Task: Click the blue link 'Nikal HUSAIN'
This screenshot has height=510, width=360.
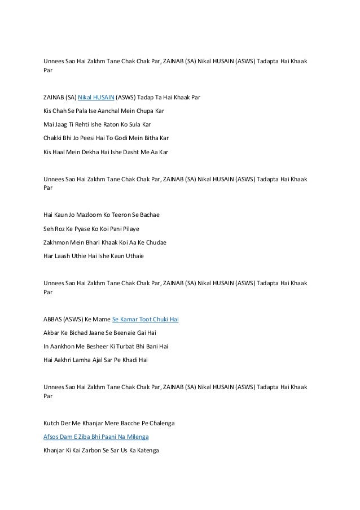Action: coord(95,97)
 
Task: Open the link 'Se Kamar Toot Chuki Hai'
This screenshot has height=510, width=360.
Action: coord(146,319)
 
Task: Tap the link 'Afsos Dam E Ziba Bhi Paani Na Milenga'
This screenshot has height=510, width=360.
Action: coord(96,437)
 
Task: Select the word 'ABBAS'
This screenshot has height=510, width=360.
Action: coord(55,319)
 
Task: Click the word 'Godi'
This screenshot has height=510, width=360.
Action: coord(116,138)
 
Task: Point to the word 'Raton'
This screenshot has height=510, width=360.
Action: coord(106,124)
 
